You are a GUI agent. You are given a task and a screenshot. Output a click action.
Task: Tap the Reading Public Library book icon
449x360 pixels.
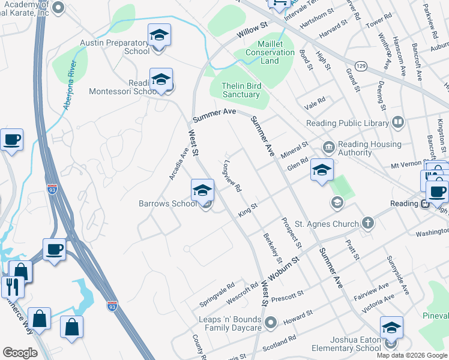[397, 123]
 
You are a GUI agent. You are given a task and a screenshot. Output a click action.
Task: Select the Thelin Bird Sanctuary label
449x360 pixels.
[241, 91]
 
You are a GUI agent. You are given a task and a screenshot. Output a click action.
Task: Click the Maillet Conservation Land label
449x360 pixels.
[270, 52]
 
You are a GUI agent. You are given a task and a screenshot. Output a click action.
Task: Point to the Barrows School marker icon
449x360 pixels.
[203, 191]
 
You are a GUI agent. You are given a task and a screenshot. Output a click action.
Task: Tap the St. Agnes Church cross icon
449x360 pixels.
[369, 224]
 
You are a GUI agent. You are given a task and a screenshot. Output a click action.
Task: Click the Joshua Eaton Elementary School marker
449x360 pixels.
[391, 328]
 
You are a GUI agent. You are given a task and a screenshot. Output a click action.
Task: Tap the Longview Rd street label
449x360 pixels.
[232, 175]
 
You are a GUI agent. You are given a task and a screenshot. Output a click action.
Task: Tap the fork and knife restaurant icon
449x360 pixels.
[11, 287]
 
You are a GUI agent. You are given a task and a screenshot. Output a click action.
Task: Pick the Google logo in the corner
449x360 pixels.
[20, 353]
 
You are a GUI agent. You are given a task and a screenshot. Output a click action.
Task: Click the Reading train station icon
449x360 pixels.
[425, 203]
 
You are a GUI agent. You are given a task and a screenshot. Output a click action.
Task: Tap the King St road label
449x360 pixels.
[247, 209]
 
